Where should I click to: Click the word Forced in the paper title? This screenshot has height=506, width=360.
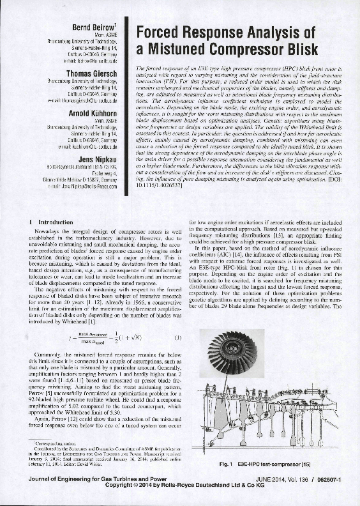(x=168, y=33)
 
